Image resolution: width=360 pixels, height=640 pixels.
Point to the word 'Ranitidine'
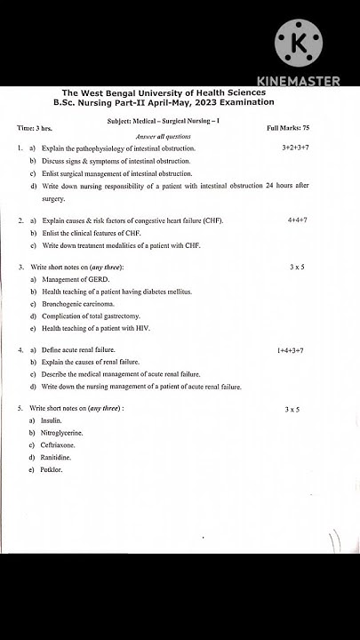(x=55, y=457)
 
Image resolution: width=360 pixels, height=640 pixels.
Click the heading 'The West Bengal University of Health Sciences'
(x=164, y=92)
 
